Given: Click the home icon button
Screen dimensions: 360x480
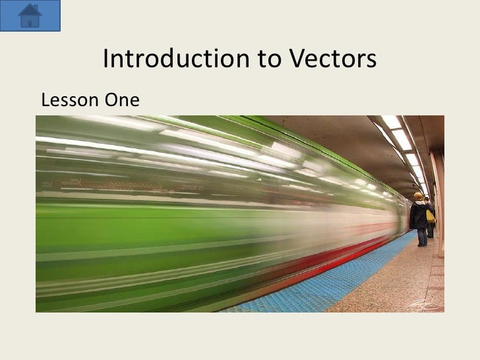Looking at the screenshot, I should click(x=31, y=15).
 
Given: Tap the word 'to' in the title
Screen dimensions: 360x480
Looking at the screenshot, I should click(x=267, y=60).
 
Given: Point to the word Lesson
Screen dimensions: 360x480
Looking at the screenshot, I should click(x=67, y=101).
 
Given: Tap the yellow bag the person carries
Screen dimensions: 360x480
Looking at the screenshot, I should click(x=430, y=216).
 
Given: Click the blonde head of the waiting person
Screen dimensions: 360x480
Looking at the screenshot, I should click(x=418, y=196).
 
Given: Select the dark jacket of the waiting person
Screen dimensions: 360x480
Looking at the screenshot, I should click(x=418, y=214).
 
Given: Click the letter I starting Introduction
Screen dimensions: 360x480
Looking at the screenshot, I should click(x=107, y=60).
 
